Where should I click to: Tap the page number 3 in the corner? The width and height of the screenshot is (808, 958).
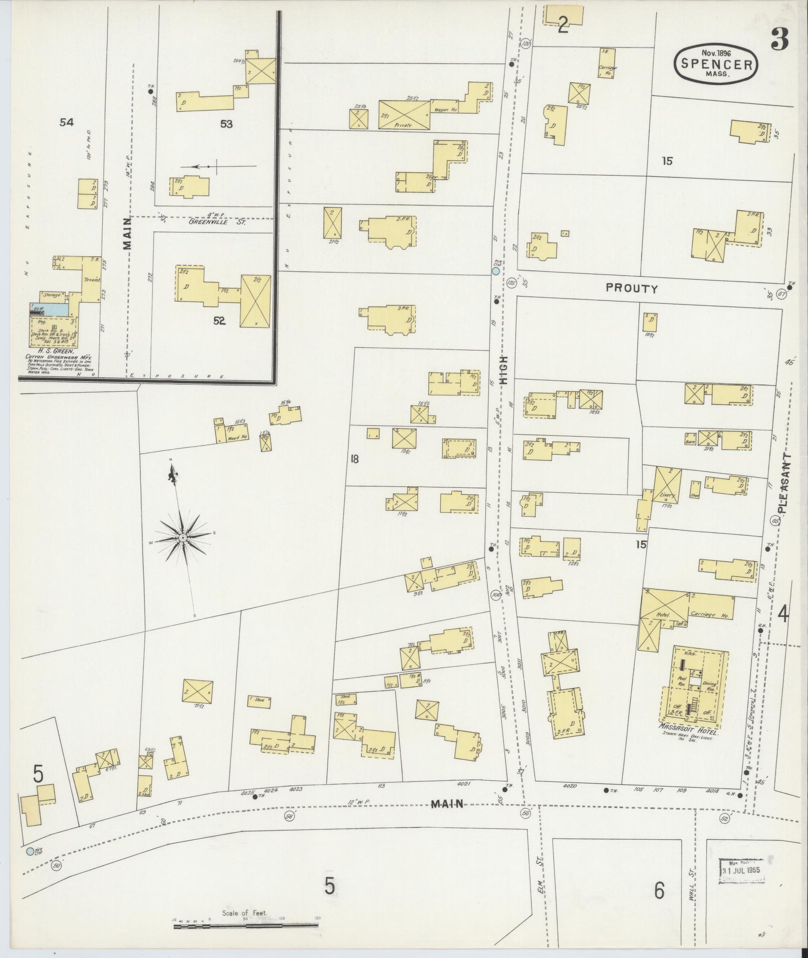pyautogui.click(x=780, y=39)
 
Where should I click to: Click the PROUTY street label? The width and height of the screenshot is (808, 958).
pyautogui.click(x=631, y=288)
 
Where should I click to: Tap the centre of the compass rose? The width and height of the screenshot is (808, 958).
pyautogui.click(x=183, y=537)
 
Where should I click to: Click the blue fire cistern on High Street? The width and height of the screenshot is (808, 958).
pyautogui.click(x=495, y=271)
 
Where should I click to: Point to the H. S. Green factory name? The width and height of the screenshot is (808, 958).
pyautogui.click(x=53, y=351)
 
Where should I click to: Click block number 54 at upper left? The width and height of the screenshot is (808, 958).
pyautogui.click(x=67, y=122)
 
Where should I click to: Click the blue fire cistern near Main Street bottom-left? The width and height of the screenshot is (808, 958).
pyautogui.click(x=31, y=851)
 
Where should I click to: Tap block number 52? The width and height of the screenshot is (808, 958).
pyautogui.click(x=219, y=321)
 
